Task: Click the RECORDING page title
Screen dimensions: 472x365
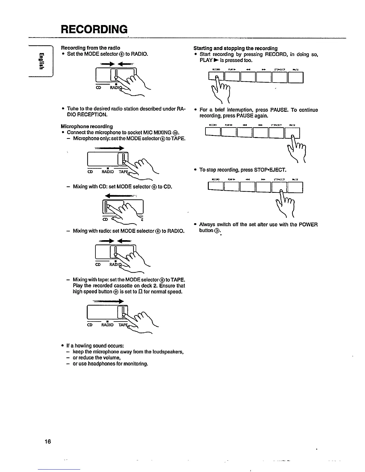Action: pyautogui.click(x=94, y=29)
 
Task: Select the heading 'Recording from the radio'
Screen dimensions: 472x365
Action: pyautogui.click(x=91, y=48)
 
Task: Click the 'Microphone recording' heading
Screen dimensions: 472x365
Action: pyautogui.click(x=87, y=126)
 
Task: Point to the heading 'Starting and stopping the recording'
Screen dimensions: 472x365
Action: pyautogui.click(x=236, y=48)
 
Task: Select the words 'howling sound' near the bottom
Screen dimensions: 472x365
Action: pyautogui.click(x=90, y=346)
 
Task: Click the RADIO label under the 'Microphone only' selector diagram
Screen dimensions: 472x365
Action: pyautogui.click(x=108, y=172)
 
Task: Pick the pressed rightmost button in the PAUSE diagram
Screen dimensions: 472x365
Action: pyautogui.click(x=292, y=133)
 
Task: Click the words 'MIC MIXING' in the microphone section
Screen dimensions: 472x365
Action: pyautogui.click(x=159, y=132)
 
